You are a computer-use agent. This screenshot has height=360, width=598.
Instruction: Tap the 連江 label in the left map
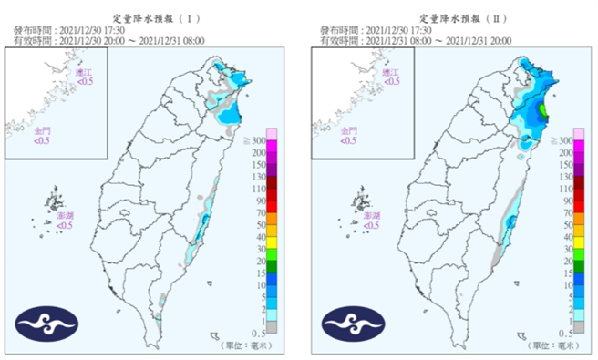point(85,72)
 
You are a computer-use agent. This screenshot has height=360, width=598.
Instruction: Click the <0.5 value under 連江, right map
point(391,82)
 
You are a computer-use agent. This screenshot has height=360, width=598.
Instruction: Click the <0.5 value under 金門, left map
point(44,140)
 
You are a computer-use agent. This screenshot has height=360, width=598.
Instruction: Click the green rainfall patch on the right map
point(544,112)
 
